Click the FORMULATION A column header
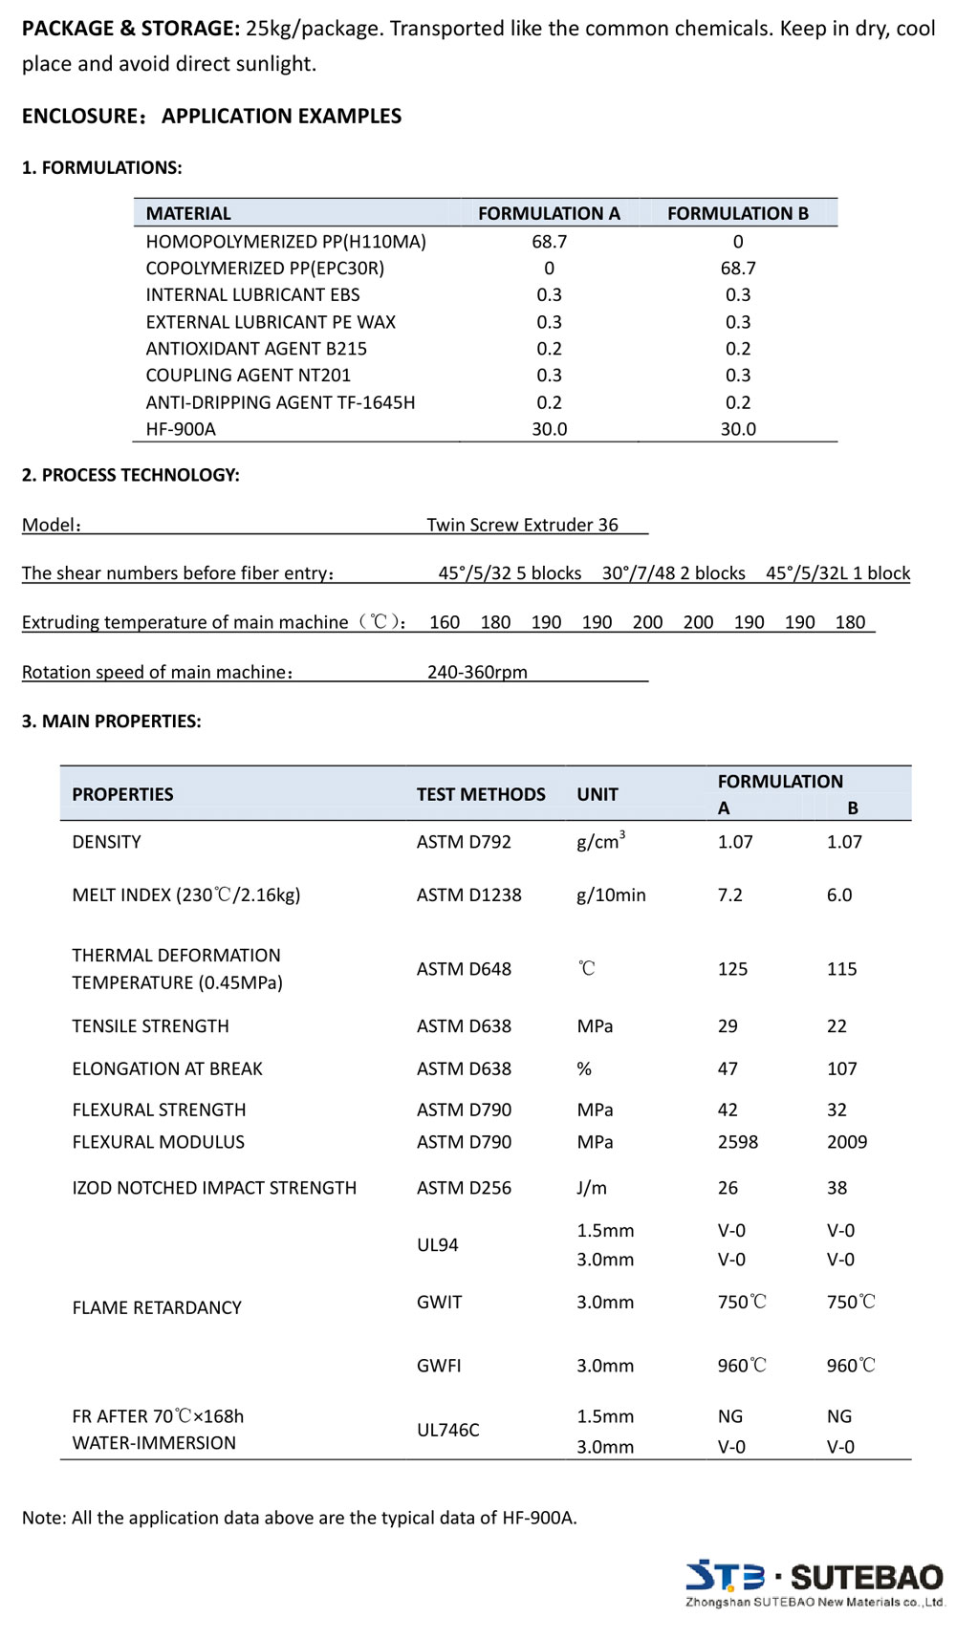tap(549, 213)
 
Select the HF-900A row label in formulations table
tap(181, 429)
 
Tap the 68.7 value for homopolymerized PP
tap(549, 242)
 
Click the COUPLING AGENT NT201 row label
tap(248, 376)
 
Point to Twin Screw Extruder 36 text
tap(522, 525)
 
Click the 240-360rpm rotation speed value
tap(477, 672)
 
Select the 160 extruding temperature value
tap(445, 622)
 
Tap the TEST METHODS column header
tap(481, 794)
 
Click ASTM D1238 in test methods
tap(468, 895)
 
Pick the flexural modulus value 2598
tap(737, 1142)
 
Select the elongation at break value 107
tap(841, 1068)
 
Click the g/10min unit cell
tap(611, 895)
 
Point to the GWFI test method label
tap(439, 1366)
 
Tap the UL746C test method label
tap(447, 1430)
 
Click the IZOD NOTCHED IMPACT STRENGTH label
tap(214, 1188)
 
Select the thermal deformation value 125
tap(732, 969)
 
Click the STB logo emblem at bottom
tap(725, 1575)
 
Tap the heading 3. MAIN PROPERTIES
tap(111, 722)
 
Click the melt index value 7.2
tap(729, 895)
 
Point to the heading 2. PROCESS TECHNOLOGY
tap(130, 475)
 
